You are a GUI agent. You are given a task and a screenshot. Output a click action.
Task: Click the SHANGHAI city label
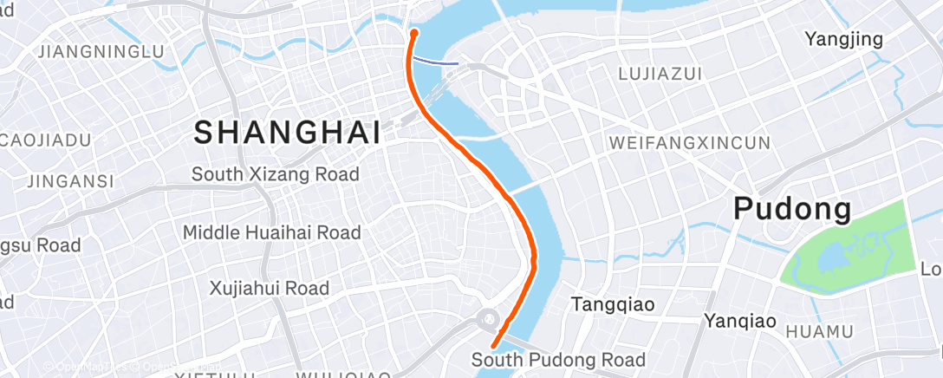coord(287,133)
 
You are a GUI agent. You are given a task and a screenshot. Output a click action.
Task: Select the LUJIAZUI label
coord(660,75)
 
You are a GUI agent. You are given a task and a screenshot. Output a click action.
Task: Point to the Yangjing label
coord(843,39)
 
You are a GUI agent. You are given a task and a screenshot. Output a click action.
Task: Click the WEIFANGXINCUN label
coord(690,142)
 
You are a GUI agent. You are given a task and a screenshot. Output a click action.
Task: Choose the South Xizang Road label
coord(275,174)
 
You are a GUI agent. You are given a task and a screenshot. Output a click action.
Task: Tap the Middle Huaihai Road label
coord(271,232)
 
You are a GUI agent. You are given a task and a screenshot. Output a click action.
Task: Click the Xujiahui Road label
coord(270,288)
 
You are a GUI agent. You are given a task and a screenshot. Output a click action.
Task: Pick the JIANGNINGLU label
coord(101,52)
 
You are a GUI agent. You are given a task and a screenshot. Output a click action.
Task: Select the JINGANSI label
coord(70,181)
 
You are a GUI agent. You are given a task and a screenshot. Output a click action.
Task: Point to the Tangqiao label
coord(613,304)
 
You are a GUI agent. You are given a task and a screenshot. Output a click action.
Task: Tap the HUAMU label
coord(819,331)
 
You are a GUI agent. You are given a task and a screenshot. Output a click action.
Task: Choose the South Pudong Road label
coord(558,360)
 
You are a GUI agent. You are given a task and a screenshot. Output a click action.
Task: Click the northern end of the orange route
coord(414,32)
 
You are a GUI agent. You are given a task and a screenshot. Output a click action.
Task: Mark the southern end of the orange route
coord(493,349)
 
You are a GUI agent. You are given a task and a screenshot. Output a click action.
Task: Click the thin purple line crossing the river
coord(436,61)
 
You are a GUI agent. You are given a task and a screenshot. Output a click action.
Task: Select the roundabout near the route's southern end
coord(489,320)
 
